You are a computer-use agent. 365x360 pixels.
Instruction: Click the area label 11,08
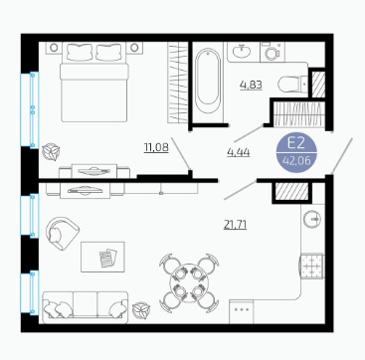156,147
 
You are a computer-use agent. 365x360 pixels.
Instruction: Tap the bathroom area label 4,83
251,85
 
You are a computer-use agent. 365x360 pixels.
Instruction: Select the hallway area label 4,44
239,152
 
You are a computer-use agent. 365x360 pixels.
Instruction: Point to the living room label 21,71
235,225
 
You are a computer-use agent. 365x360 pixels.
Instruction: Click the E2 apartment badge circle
296,152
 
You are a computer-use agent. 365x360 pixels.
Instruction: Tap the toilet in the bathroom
292,85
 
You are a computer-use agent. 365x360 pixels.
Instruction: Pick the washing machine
273,52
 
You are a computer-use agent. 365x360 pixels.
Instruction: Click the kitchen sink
312,219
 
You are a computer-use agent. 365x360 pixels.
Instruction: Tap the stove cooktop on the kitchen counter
311,266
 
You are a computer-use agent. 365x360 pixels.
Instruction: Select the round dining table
189,282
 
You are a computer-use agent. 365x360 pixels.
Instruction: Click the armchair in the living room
62,233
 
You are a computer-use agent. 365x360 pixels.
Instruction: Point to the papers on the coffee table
108,258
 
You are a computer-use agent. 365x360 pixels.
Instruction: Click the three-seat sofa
86,307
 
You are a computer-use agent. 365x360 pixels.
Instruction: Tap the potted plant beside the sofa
141,310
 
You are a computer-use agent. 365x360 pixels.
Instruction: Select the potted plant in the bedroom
51,152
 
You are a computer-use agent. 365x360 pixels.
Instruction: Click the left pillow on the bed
80,52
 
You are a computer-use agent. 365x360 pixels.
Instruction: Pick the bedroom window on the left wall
30,109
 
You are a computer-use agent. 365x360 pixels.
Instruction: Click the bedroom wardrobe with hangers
178,83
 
